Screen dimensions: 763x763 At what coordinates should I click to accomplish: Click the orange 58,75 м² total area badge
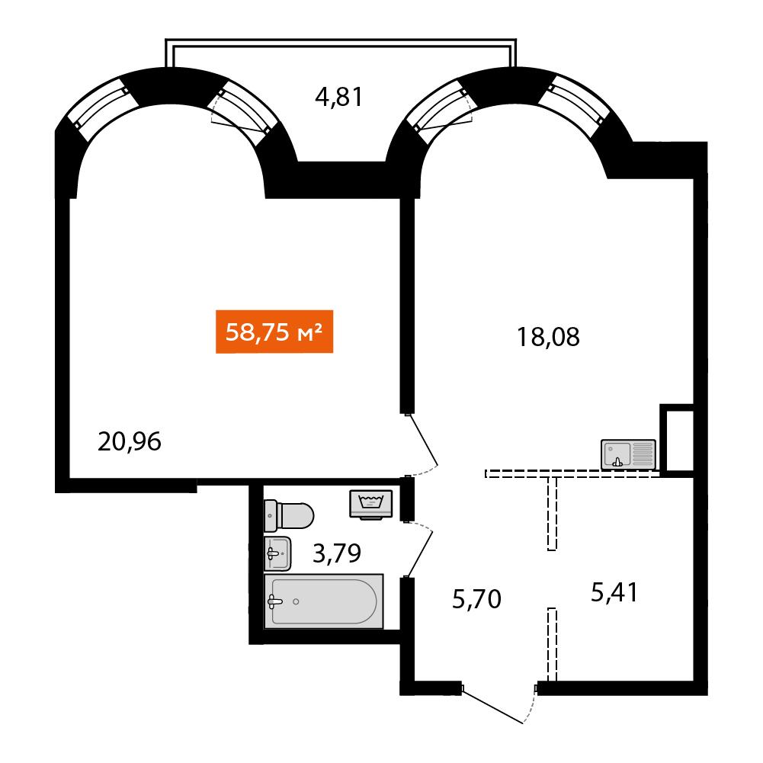[x=274, y=332]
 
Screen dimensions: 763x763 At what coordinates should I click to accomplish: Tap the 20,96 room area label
[x=130, y=442]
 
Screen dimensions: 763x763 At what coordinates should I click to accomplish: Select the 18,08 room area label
[x=548, y=337]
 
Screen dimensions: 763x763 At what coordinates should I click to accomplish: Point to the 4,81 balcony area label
[x=338, y=97]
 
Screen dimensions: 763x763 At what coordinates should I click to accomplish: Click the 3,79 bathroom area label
[x=337, y=553]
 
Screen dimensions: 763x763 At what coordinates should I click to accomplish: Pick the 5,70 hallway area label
[x=476, y=599]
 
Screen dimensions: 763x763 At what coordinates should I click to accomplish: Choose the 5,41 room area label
[x=614, y=593]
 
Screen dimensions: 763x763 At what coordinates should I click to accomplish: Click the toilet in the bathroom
[x=289, y=515]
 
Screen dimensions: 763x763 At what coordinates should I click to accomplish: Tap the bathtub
[x=324, y=601]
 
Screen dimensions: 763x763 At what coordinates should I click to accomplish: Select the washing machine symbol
[x=371, y=504]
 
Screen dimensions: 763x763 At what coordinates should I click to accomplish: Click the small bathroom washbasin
[x=277, y=553]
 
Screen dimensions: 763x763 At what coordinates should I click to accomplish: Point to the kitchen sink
[x=628, y=454]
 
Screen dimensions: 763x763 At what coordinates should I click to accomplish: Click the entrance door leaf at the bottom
[x=492, y=706]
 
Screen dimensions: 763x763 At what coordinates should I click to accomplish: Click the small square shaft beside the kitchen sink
[x=677, y=438]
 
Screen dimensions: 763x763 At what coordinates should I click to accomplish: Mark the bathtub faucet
[x=274, y=602]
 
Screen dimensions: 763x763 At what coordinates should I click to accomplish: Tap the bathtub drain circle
[x=296, y=602]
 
